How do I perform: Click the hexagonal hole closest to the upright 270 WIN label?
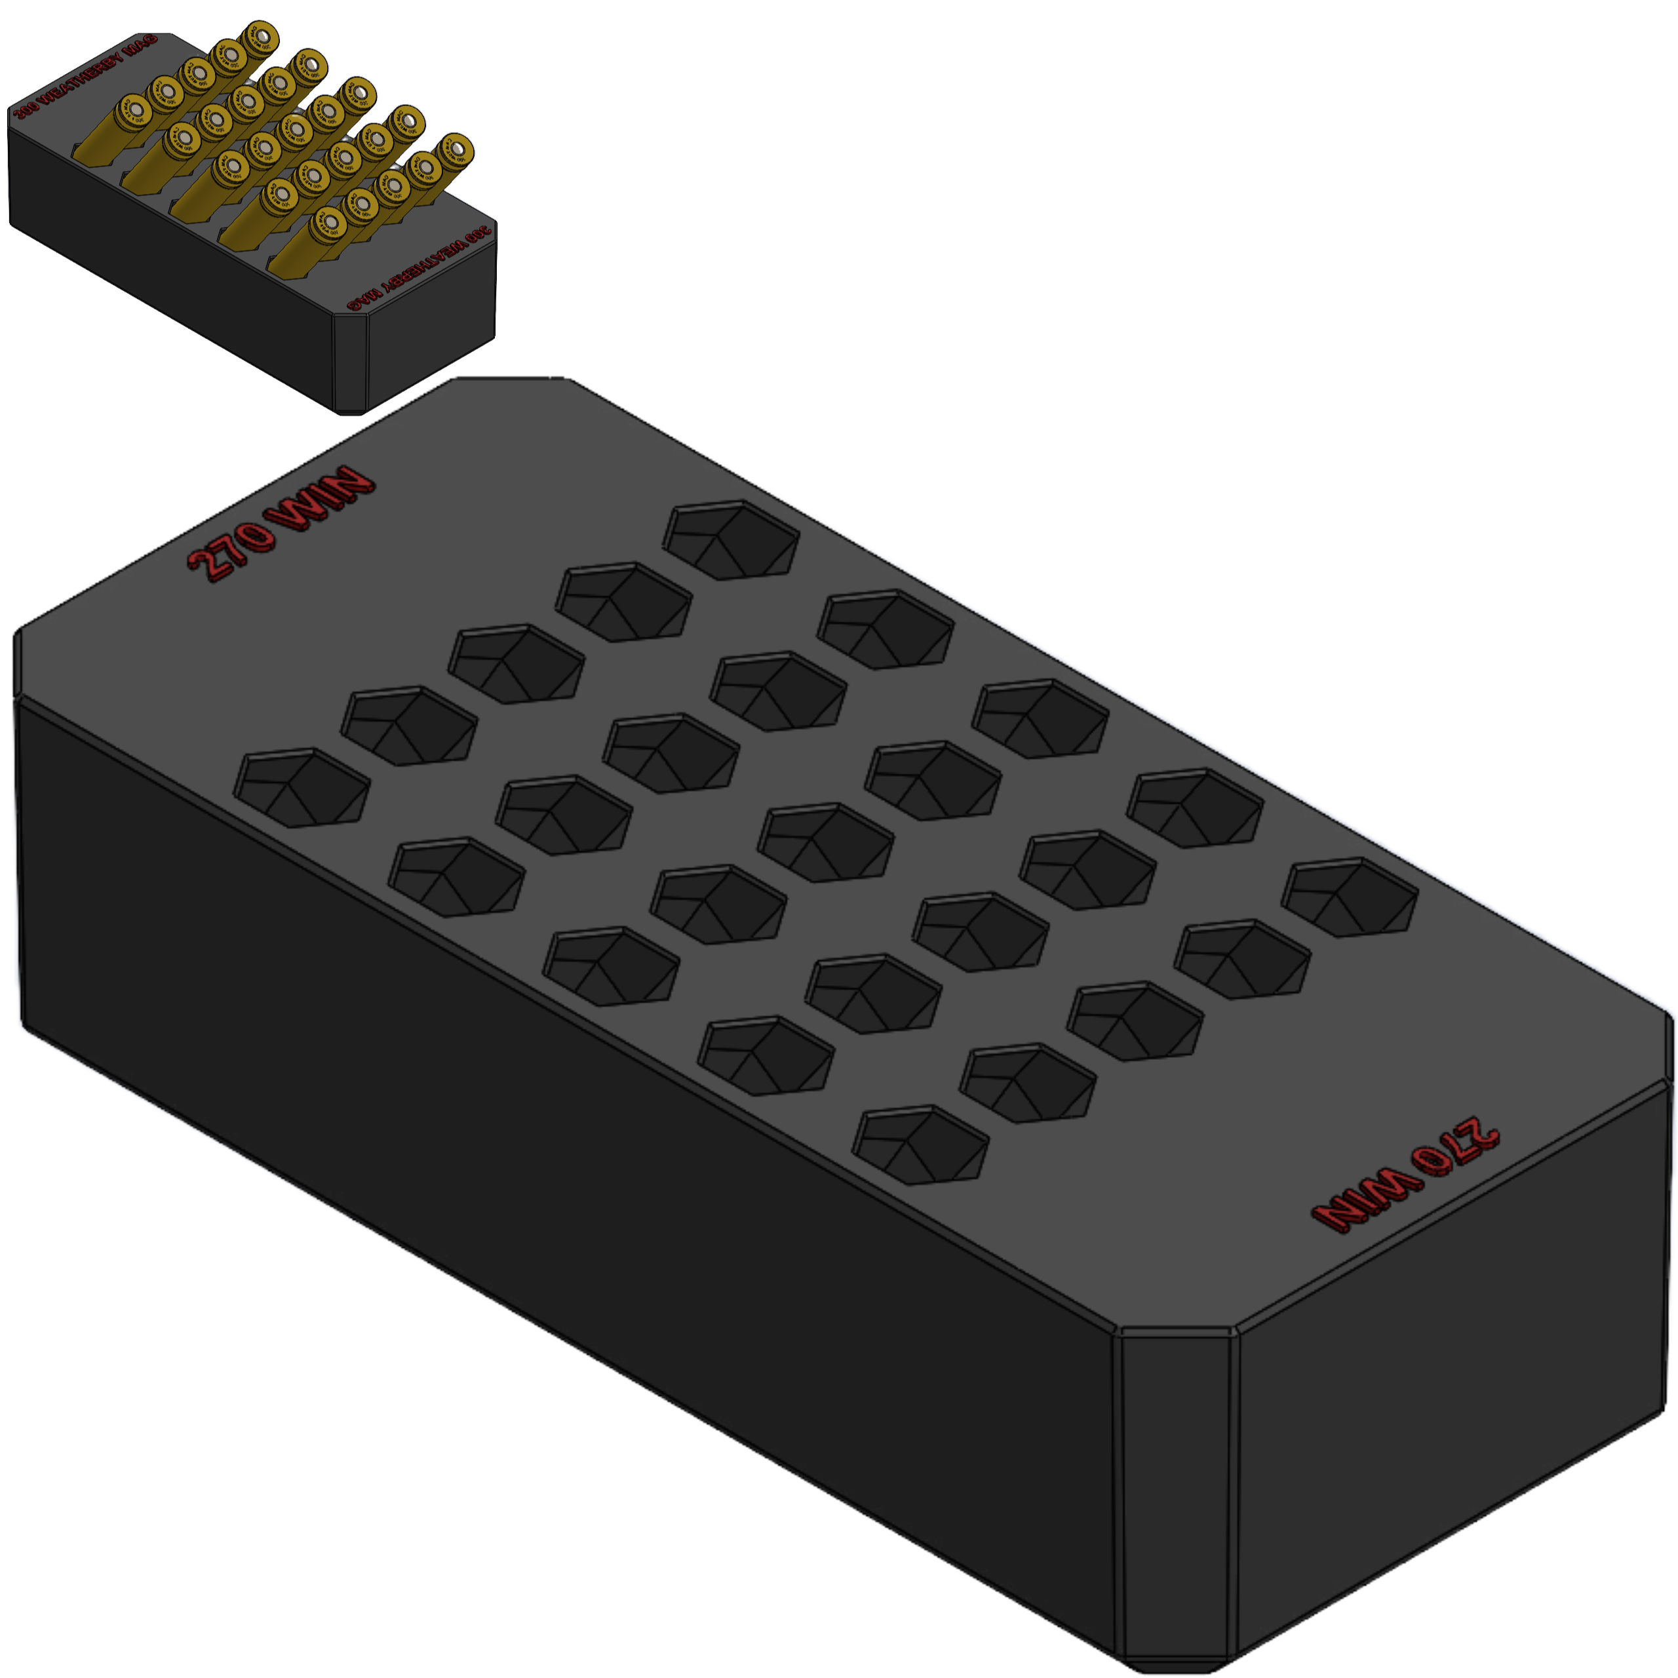[302, 788]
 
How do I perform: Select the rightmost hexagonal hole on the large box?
[1350, 897]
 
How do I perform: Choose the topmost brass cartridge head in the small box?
[259, 37]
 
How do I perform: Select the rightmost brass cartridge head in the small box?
[455, 149]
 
